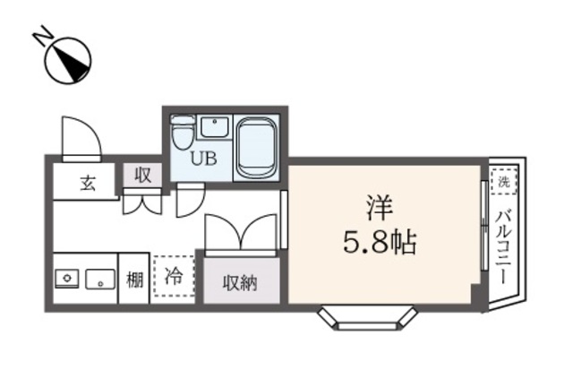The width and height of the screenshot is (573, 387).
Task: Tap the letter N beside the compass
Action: click(40, 37)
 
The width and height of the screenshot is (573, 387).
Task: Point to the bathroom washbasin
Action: click(214, 126)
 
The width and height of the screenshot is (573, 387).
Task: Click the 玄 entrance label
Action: click(87, 184)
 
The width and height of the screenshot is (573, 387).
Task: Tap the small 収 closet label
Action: click(142, 176)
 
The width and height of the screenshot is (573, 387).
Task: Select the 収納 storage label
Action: click(239, 282)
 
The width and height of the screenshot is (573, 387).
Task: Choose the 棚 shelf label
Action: click(134, 279)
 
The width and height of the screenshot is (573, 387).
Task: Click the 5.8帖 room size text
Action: click(378, 241)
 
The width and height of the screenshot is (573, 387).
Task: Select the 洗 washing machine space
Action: click(503, 182)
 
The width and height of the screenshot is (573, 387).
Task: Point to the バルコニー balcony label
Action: click(502, 247)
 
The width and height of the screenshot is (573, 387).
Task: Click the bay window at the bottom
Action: click(369, 316)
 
